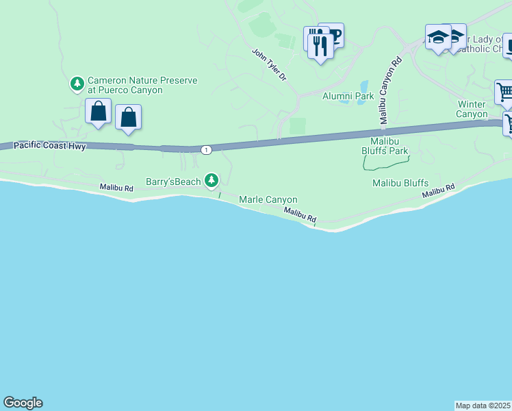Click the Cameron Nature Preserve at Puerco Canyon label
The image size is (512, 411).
click(142, 85)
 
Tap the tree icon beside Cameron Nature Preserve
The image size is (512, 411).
click(77, 84)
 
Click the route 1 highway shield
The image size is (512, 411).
click(205, 149)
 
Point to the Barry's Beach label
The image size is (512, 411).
click(173, 182)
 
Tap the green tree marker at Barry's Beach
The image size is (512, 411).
click(212, 180)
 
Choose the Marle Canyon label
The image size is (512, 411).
click(268, 199)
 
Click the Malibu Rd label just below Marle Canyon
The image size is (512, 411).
click(301, 215)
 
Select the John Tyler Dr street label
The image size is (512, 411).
click(268, 64)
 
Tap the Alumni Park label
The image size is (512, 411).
click(348, 96)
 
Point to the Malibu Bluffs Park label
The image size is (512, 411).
click(385, 145)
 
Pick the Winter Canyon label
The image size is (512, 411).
click(472, 109)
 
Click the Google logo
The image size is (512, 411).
click(23, 403)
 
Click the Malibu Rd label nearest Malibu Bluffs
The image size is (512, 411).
click(438, 191)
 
